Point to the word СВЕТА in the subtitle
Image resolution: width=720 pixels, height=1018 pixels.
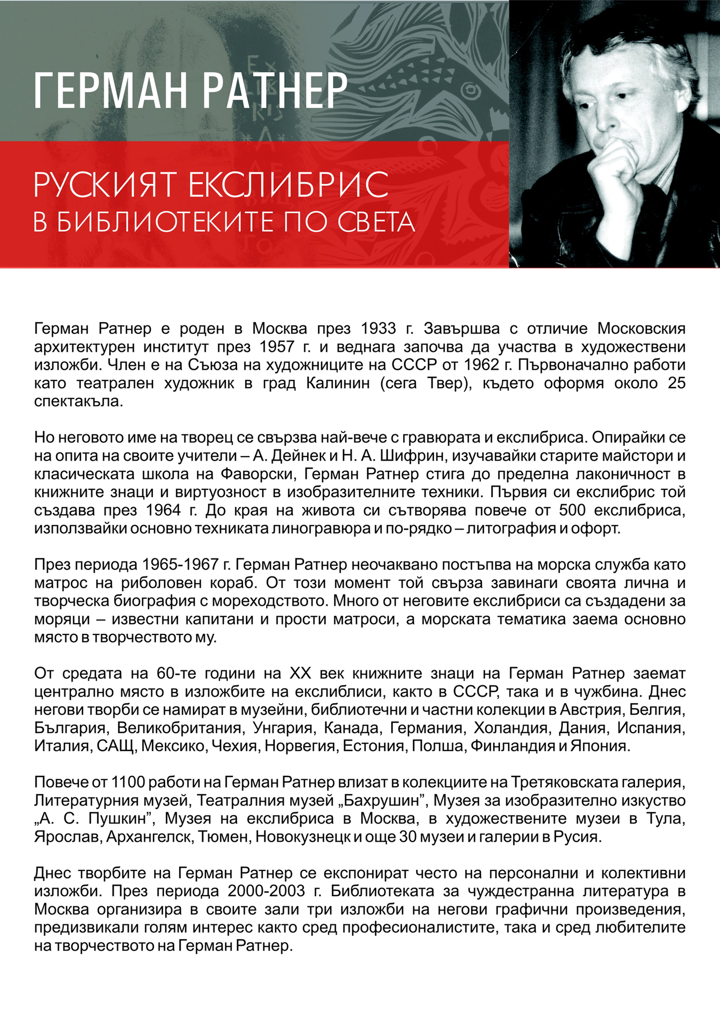coord(376,222)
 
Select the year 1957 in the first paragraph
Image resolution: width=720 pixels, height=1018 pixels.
coord(277,347)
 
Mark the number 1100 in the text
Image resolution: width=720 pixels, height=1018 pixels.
coord(126,782)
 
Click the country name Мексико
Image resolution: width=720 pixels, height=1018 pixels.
coord(173,746)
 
